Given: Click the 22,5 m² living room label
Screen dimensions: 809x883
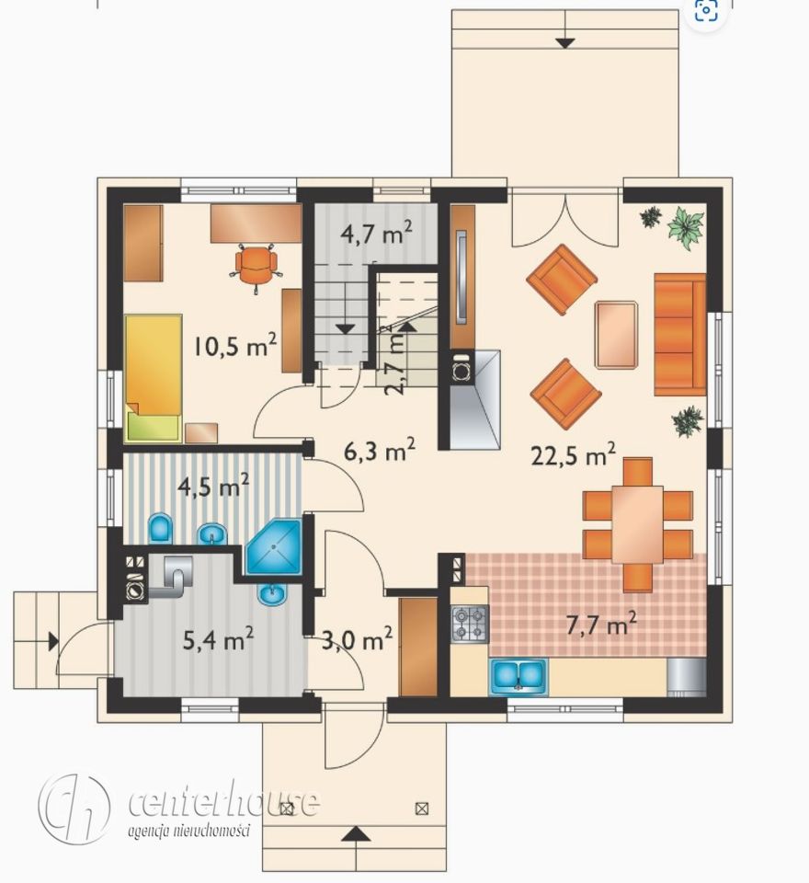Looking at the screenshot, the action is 573,455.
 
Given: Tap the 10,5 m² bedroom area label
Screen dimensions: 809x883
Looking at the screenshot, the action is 234,345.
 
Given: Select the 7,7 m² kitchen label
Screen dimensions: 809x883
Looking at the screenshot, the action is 601,624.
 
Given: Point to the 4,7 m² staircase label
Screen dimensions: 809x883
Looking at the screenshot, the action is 377,233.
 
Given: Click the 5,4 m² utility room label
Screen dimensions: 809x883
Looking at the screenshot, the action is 219,639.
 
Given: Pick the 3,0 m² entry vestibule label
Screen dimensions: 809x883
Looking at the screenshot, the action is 357,640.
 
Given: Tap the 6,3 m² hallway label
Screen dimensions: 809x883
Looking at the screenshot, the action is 380,451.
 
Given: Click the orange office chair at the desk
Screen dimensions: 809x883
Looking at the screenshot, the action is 256,267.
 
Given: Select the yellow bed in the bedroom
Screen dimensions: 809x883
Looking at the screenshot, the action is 154,377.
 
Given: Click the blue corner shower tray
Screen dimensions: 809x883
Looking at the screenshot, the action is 274,546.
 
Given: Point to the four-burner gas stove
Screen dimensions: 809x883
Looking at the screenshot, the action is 470,624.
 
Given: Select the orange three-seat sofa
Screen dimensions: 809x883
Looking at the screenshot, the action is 679,335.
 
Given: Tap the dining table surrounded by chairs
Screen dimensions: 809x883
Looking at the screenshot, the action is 637,524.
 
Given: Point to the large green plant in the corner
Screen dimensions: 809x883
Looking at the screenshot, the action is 686,227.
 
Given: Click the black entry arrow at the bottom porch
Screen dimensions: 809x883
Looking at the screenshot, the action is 356,833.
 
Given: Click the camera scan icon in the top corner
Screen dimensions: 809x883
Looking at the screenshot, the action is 706,10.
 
